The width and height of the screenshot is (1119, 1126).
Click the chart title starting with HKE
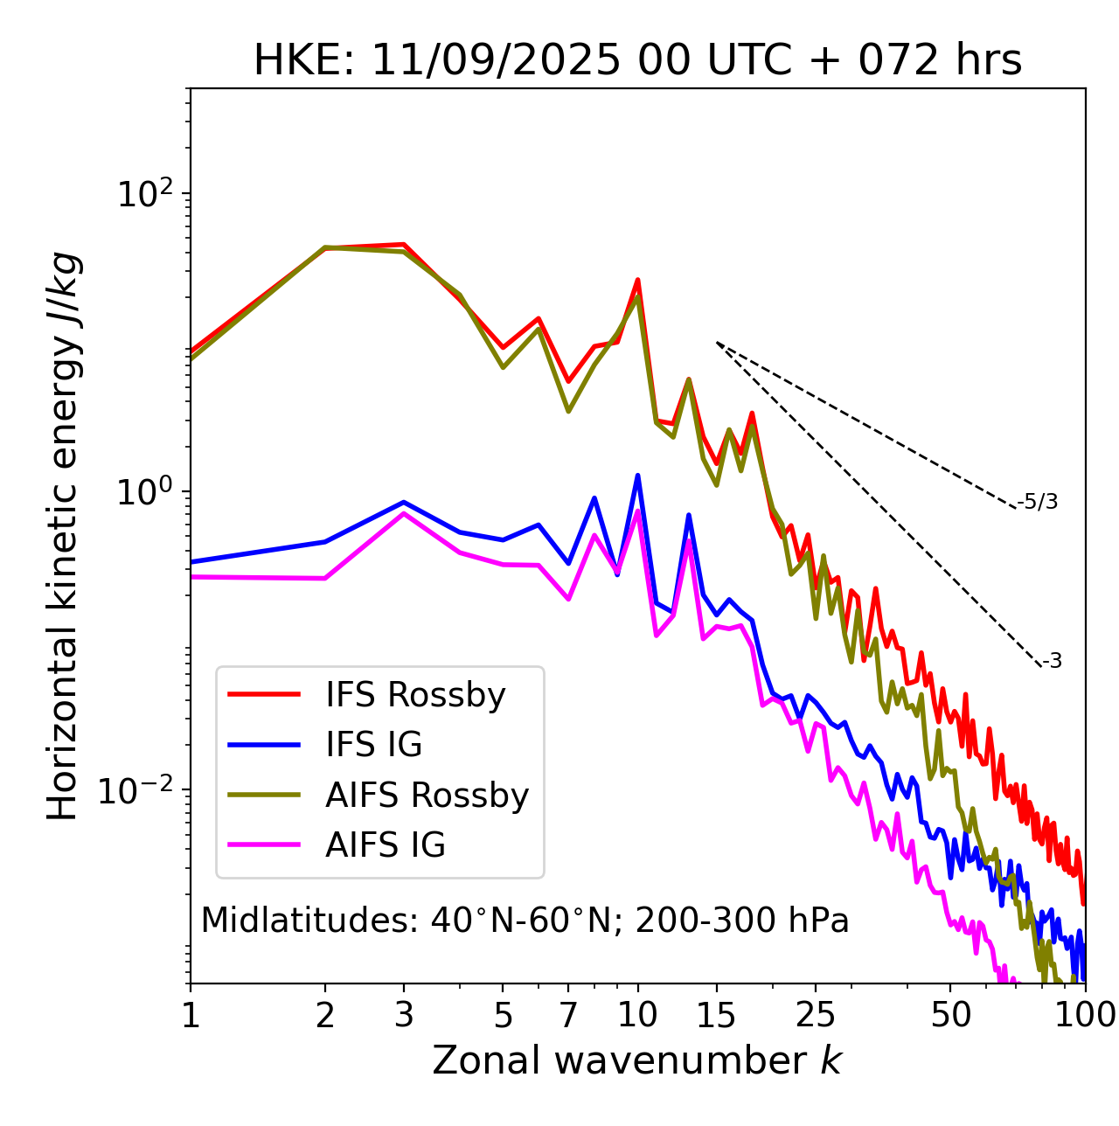tap(637, 61)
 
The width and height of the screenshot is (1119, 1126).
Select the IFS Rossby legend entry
tap(415, 695)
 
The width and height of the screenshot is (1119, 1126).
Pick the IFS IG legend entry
tap(373, 745)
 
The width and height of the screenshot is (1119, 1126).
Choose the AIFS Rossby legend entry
tap(427, 796)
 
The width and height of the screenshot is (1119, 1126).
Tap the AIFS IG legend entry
tap(386, 845)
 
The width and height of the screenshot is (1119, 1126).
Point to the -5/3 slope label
tap(1038, 502)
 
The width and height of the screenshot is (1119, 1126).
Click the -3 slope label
tap(1052, 662)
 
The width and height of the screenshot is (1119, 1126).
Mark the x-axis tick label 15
tap(717, 1015)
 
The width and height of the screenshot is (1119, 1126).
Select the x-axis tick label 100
tap(1084, 1015)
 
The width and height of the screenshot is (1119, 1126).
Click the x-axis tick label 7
tap(568, 1015)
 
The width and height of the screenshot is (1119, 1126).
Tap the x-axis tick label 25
tap(816, 1015)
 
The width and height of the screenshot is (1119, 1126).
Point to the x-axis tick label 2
tap(325, 1015)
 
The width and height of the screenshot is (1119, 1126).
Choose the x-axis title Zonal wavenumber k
tap(637, 1060)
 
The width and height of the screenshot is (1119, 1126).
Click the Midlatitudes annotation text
tap(525, 921)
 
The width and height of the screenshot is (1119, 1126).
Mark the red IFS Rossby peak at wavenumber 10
tap(637, 280)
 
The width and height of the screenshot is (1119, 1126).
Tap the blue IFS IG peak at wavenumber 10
tap(637, 476)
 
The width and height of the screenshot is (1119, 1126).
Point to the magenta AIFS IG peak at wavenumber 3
tap(403, 513)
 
